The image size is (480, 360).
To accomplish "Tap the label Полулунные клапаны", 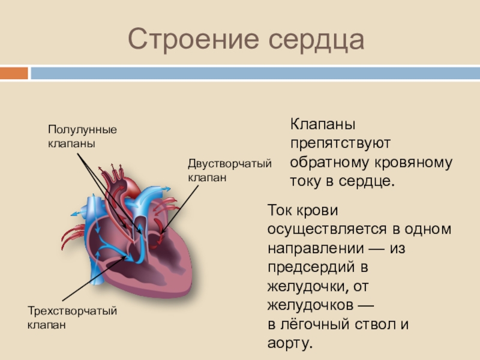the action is (82, 137).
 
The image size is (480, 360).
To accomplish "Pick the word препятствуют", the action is (341, 143).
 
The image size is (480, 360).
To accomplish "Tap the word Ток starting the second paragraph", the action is (280, 211).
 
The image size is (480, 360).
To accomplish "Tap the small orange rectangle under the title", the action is (13, 73).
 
